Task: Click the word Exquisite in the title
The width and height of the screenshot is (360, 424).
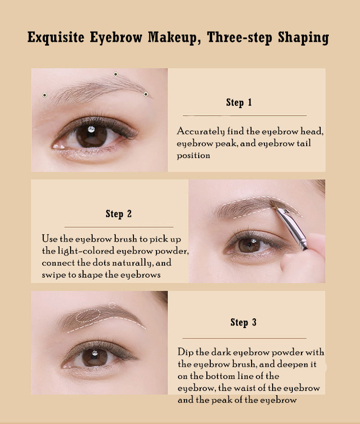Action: (56, 37)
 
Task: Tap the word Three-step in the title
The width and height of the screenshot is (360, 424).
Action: (240, 37)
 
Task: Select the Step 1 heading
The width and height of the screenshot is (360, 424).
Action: (239, 102)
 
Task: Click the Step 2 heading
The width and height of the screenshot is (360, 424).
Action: (119, 214)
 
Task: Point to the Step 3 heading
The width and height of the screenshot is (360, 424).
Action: (243, 322)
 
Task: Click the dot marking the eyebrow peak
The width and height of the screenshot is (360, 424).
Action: (116, 74)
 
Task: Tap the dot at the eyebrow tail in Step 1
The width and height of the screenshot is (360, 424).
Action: (146, 94)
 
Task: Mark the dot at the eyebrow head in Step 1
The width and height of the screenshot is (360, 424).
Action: (45, 95)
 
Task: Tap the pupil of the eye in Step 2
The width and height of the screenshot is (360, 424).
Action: (249, 245)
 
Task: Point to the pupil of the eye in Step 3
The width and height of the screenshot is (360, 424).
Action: (95, 357)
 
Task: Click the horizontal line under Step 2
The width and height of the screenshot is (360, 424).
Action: (119, 227)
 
